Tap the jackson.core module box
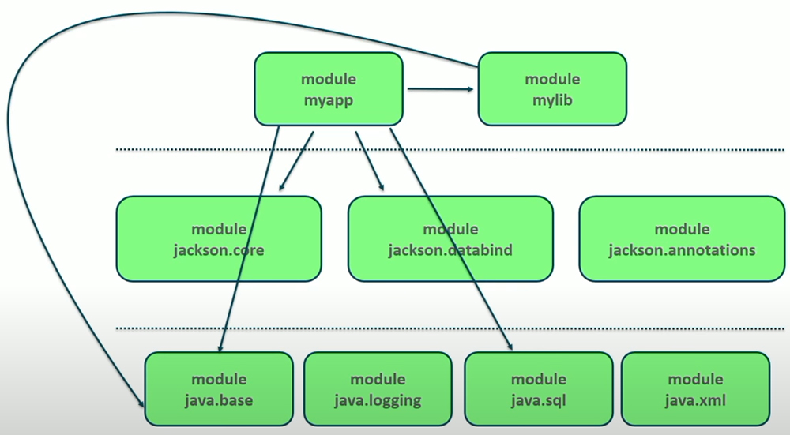219,239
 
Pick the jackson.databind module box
450,239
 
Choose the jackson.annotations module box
682,239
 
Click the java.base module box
219,389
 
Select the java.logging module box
378,389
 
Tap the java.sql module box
538,389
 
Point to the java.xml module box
695,389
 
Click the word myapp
329,101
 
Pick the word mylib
552,101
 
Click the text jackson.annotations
682,250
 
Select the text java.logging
378,400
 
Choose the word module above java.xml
695,379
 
